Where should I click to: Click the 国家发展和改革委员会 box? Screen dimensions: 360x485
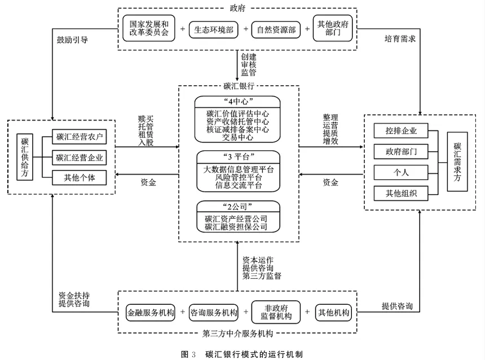149,28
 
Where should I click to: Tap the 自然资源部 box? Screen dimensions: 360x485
276,28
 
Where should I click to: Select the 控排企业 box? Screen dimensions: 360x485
401,131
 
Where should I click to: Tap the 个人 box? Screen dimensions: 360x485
401,172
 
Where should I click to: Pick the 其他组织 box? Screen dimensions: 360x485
401,193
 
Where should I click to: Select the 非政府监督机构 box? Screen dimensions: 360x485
276,313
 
